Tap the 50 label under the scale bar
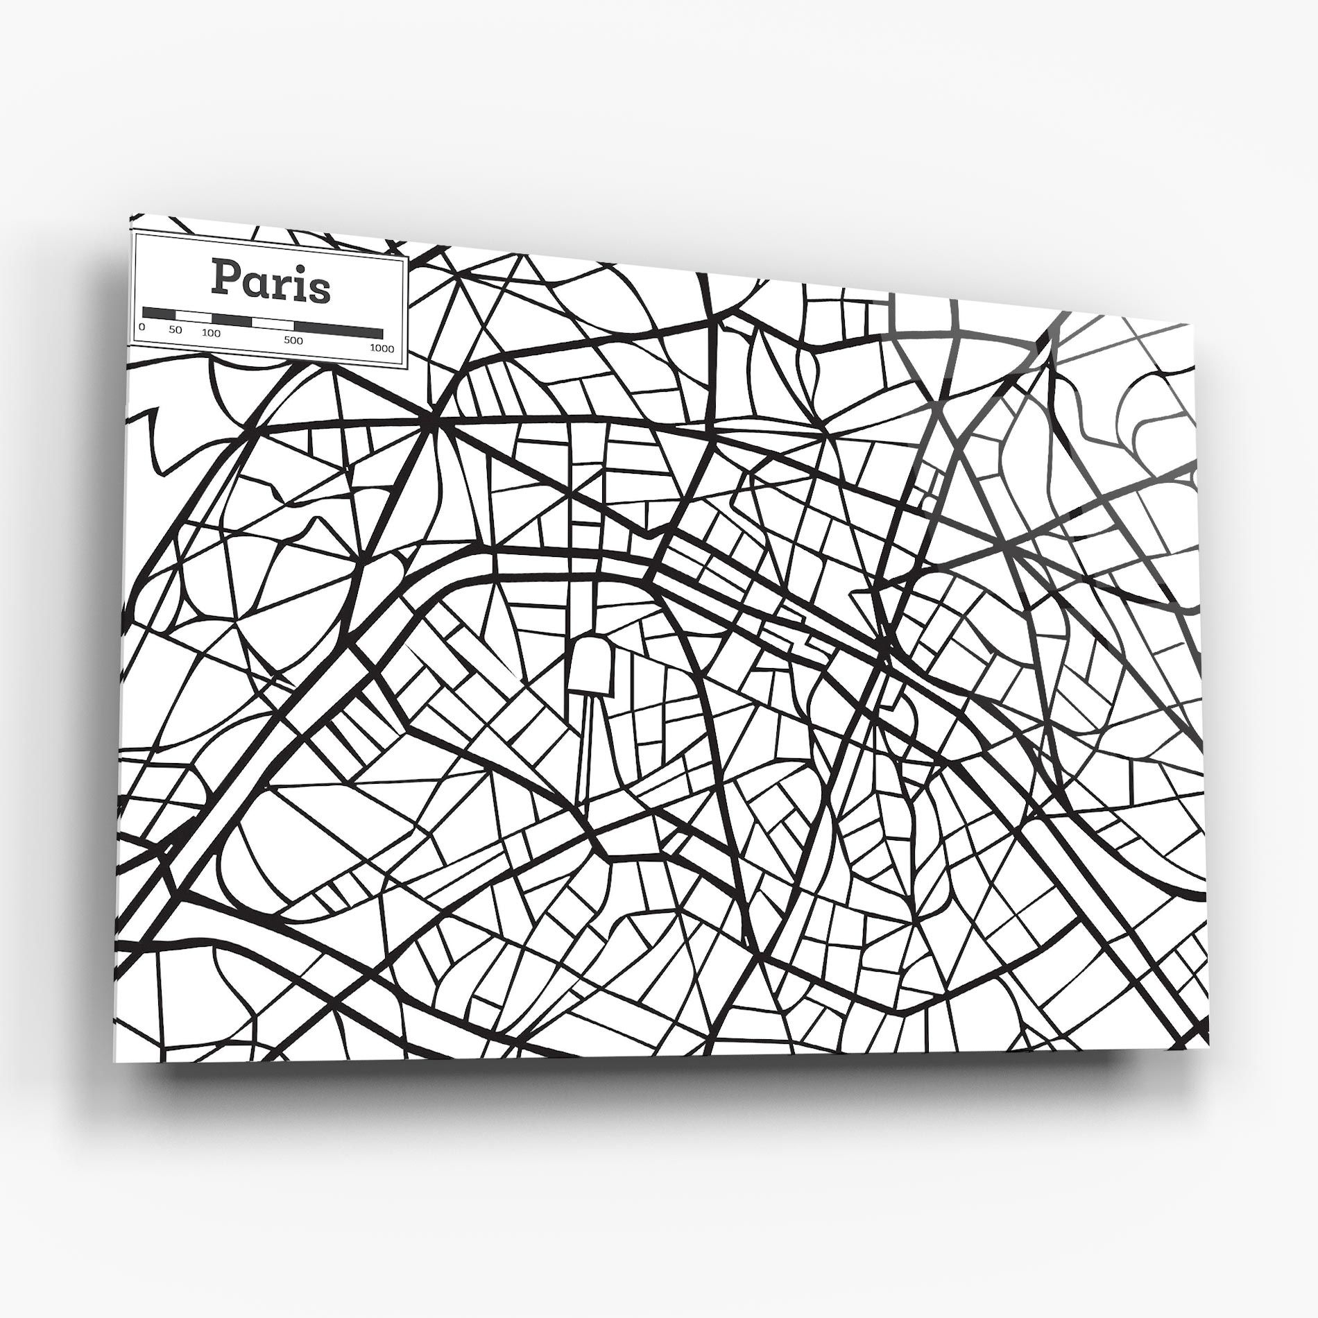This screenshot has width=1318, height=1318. (175, 330)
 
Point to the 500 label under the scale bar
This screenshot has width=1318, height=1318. (293, 341)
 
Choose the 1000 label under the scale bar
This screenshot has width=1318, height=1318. (382, 348)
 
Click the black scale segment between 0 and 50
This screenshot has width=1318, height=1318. (158, 313)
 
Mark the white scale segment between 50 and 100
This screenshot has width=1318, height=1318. (194, 316)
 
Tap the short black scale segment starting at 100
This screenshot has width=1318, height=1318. (231, 320)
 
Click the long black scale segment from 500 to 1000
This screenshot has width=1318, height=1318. (338, 330)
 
